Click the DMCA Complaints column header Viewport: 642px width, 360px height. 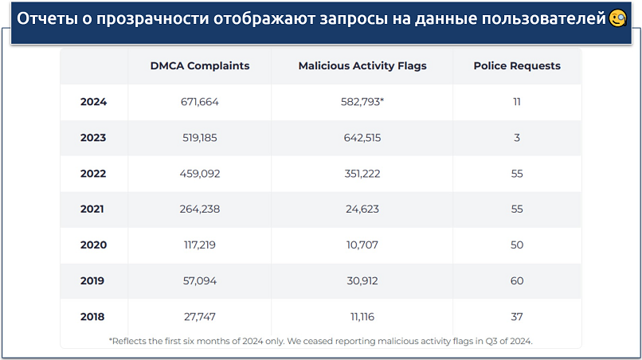[199, 65]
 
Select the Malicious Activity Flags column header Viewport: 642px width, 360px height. [362, 65]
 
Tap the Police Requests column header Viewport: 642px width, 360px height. [516, 65]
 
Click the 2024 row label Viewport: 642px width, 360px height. [93, 102]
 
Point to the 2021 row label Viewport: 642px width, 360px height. [93, 209]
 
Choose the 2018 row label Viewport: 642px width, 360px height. [93, 317]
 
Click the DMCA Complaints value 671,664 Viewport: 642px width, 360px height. [199, 102]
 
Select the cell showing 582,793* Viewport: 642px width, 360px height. [362, 102]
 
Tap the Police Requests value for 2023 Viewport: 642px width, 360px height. [517, 138]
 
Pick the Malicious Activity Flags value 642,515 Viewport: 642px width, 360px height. [362, 138]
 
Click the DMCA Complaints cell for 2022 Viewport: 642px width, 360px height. [199, 174]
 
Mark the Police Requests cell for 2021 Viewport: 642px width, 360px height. [517, 209]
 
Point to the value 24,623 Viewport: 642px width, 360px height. [362, 209]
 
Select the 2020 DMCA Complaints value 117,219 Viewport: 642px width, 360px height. [199, 245]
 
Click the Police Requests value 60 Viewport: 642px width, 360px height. [517, 281]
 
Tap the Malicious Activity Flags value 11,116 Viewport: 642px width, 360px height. [362, 317]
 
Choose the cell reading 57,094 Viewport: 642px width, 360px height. [199, 281]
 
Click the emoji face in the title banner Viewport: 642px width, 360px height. [618, 18]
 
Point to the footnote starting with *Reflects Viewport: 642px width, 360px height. [320, 341]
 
